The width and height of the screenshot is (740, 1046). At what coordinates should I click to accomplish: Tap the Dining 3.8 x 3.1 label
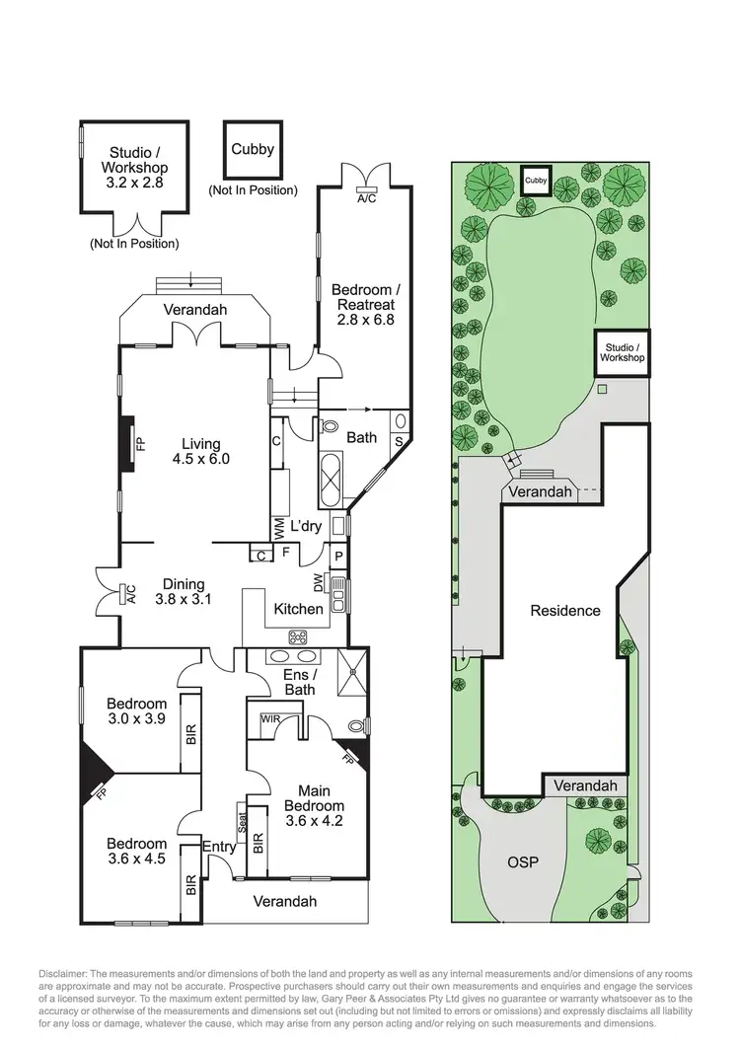[x=185, y=590]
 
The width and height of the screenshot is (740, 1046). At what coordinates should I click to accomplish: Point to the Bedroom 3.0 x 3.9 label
[x=136, y=711]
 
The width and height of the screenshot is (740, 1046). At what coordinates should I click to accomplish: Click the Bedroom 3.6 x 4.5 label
[x=136, y=851]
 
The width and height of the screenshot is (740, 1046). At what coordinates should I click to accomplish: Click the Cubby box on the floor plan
[x=253, y=149]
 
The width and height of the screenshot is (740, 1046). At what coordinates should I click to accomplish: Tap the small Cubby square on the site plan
[x=536, y=181]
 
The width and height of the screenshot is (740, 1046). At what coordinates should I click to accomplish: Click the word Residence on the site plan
[x=565, y=610]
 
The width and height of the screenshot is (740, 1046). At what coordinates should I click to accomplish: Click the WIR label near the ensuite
[x=271, y=719]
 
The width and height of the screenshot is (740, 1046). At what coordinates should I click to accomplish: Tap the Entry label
[x=218, y=846]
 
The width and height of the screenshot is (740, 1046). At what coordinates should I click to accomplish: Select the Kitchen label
[x=298, y=609]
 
